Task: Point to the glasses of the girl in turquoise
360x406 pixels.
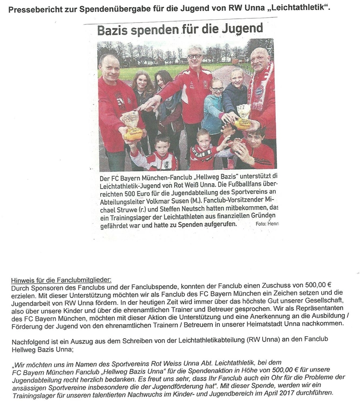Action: coord(217,89)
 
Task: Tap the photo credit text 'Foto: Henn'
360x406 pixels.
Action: coord(267,224)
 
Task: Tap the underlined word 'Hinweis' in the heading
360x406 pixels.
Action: coord(21,279)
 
